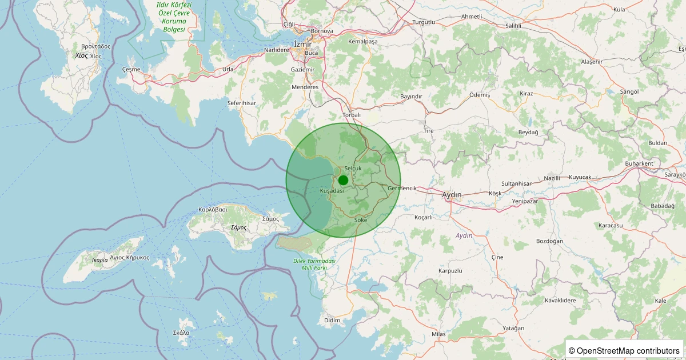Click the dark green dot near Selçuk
point(343,180)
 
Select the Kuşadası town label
point(332,190)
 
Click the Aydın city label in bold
point(452,195)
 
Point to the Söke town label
point(361,220)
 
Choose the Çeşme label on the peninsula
point(131,69)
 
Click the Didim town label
point(332,321)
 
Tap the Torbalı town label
point(352,115)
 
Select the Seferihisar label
point(242,103)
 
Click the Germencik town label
point(402,189)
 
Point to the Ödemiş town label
point(479,94)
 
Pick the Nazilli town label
point(552,178)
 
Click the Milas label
point(438,334)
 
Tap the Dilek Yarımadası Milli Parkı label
point(313,264)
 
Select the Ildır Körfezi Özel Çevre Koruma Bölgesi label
point(174,17)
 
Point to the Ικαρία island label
point(99,260)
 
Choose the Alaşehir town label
point(592,61)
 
